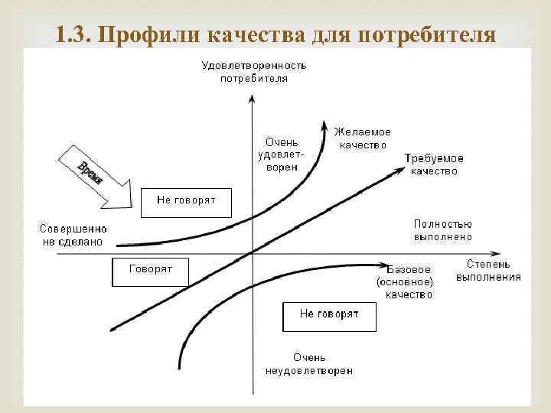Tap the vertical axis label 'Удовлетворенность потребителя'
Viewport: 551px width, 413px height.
coord(254,71)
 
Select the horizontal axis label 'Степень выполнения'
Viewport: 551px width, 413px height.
coord(488,271)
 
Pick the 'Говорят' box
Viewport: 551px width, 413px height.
coord(150,271)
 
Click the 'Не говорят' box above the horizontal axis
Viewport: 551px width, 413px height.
coord(186,200)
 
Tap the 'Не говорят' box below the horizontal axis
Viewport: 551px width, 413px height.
coord(329,316)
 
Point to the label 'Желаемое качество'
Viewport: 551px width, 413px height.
coord(362,138)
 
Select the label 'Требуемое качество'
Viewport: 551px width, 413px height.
coord(434,164)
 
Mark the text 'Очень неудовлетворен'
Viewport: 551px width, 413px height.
coord(309,363)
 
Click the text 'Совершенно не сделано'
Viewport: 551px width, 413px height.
coord(74,234)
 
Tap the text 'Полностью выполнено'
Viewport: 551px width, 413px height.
coord(442,230)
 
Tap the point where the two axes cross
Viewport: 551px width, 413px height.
coord(252,254)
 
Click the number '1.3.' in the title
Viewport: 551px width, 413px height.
coord(74,34)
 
